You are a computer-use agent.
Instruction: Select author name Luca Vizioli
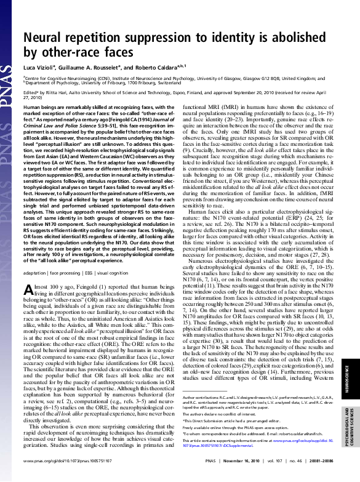pos(39,66)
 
